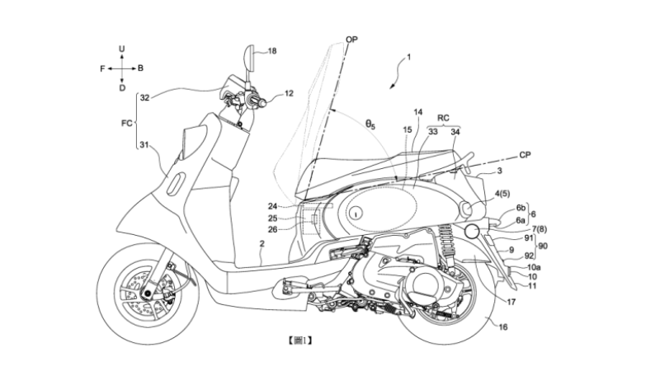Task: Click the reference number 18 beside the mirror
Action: (273, 51)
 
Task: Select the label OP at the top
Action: (351, 39)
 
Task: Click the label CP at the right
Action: (524, 153)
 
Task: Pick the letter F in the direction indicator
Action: (103, 68)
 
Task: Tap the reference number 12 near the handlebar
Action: (289, 94)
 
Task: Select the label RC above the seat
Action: (444, 116)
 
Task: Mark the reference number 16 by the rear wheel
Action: (503, 327)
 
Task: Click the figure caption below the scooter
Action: (300, 339)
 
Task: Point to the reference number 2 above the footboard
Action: (262, 245)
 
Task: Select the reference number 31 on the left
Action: (144, 146)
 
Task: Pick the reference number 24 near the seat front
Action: (273, 207)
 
